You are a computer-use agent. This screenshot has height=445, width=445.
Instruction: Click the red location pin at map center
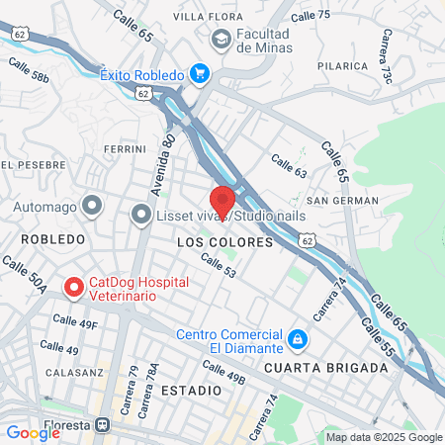(x=222, y=200)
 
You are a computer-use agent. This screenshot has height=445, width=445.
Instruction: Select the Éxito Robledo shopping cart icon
(x=201, y=73)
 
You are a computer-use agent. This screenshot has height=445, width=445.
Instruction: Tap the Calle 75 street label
(x=311, y=15)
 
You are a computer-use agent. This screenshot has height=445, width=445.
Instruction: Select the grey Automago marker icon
(x=92, y=206)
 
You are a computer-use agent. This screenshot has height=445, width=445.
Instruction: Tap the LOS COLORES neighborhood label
(x=210, y=241)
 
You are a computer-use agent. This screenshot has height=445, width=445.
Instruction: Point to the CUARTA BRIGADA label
(x=325, y=368)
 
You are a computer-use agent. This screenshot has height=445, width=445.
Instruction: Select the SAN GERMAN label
(x=342, y=201)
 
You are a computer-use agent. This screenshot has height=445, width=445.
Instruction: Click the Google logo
(x=33, y=432)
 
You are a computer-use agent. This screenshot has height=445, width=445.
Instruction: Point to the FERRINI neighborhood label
(x=125, y=149)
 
